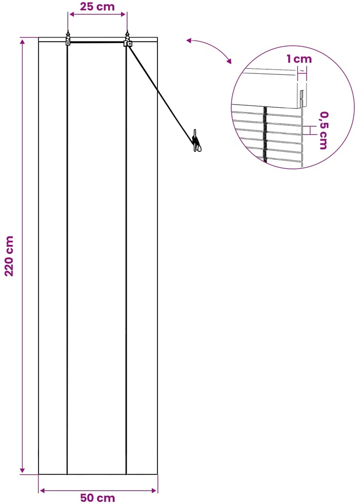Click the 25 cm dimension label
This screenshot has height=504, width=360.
[97, 7]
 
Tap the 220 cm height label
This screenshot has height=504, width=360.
[9, 256]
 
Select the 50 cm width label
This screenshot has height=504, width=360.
[97, 498]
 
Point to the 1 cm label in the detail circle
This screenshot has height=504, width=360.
[299, 59]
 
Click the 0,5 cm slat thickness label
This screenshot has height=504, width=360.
[324, 130]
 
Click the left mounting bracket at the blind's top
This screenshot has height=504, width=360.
[68, 40]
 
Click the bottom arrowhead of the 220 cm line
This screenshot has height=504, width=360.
[22, 470]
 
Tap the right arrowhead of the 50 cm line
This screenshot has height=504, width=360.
[154, 491]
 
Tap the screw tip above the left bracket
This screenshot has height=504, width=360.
[68, 31]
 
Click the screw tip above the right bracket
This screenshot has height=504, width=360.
[128, 31]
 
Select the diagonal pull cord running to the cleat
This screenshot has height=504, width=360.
[161, 93]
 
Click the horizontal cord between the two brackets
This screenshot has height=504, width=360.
[97, 42]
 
